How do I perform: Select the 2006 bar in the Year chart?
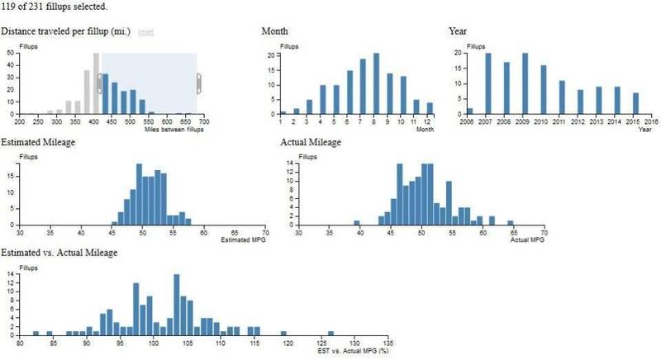pyautogui.click(x=470, y=111)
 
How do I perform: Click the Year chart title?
pyautogui.click(x=458, y=31)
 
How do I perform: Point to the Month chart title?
pyautogui.click(x=275, y=31)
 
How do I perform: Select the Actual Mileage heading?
pyautogui.click(x=311, y=142)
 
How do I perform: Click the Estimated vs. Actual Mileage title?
pyautogui.click(x=59, y=252)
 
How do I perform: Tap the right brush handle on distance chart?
pyautogui.click(x=198, y=83)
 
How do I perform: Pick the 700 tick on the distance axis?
pyautogui.click(x=203, y=121)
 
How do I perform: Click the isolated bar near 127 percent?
pyautogui.click(x=330, y=333)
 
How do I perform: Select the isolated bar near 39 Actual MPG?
pyautogui.click(x=357, y=222)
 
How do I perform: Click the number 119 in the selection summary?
pyautogui.click(x=8, y=7)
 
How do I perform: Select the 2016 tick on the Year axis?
pyautogui.click(x=650, y=121)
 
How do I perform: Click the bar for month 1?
pyautogui.click(x=283, y=112)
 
